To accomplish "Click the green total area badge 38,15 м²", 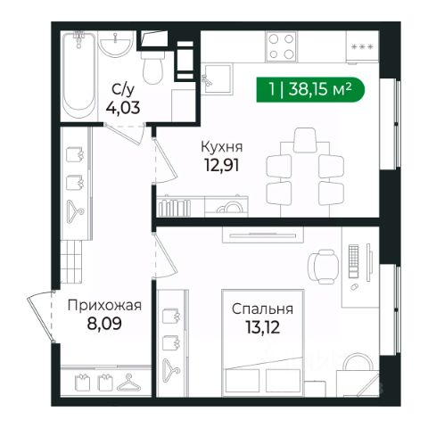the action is tap(310, 89).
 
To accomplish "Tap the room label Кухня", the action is tap(222, 147).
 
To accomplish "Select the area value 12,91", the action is tap(222, 165).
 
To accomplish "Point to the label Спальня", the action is tap(262, 309).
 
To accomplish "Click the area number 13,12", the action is tap(263, 327).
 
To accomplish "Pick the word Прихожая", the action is tap(104, 306).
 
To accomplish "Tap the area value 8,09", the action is tap(104, 324).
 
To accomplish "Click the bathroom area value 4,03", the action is tap(123, 108).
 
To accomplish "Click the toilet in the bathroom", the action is tap(152, 68).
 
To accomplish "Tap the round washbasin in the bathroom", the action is tap(116, 45).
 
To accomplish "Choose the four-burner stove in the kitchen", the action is tap(281, 46).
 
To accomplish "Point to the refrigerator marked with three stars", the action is tap(362, 47).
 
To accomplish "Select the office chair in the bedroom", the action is tap(323, 267).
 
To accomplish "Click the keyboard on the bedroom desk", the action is tap(354, 261).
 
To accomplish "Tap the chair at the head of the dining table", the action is tap(305, 140).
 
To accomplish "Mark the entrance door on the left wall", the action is tap(41, 317).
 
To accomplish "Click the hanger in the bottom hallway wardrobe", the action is tap(129, 383).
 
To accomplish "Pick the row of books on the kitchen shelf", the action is tap(174, 208).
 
